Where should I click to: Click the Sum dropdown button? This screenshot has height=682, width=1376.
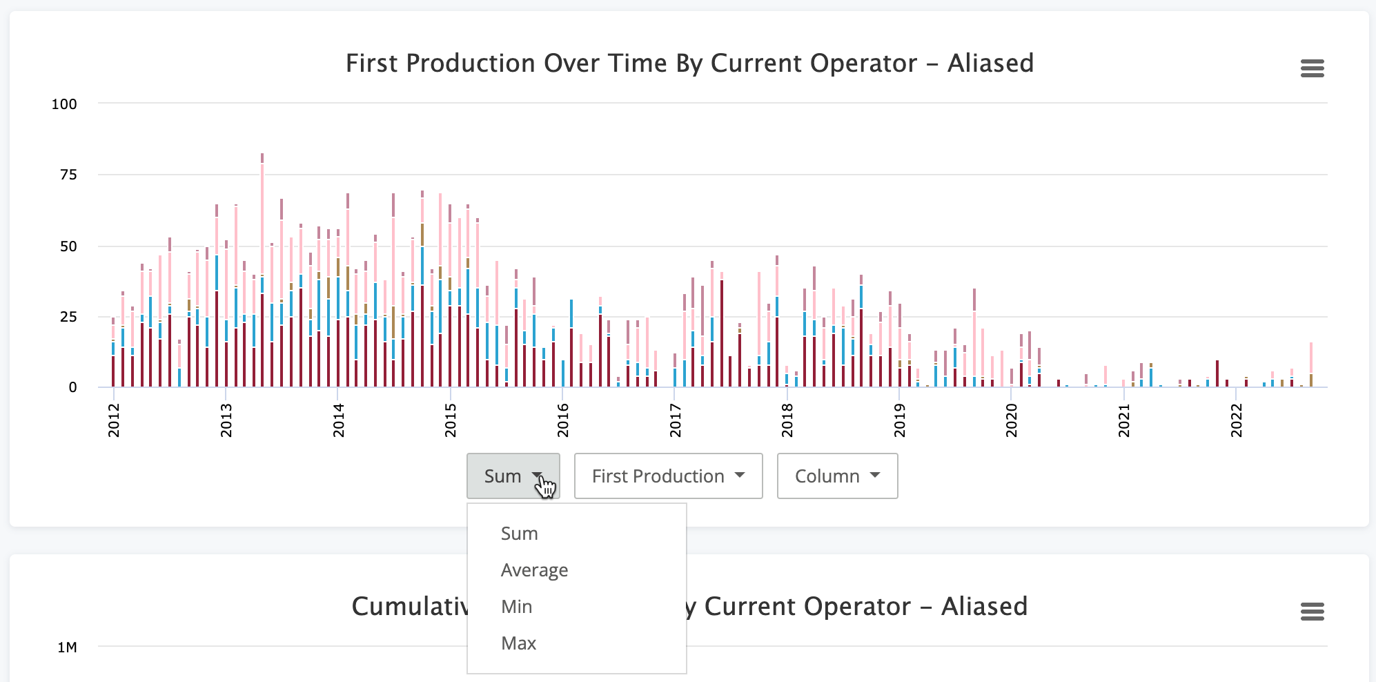pos(513,476)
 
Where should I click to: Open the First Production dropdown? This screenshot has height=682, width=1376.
pos(668,476)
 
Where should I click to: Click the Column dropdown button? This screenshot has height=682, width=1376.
pos(837,476)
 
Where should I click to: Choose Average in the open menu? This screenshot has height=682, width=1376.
pos(534,570)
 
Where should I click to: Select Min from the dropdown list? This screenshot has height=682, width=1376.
pos(516,607)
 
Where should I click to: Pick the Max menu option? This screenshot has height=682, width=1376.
pos(518,643)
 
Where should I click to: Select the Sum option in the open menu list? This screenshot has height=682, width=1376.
pos(519,534)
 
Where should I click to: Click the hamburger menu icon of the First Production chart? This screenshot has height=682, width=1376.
pos(1312,68)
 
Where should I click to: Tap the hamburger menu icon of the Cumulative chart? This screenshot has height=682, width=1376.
pos(1312,612)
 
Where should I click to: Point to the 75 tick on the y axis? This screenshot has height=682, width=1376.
pos(68,175)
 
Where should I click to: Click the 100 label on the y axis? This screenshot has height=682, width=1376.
pos(64,104)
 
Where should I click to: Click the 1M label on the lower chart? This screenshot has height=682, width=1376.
pos(67,647)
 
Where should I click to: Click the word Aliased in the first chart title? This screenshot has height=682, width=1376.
pos(990,64)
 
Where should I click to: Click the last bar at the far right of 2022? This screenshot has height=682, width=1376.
pos(1310,366)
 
